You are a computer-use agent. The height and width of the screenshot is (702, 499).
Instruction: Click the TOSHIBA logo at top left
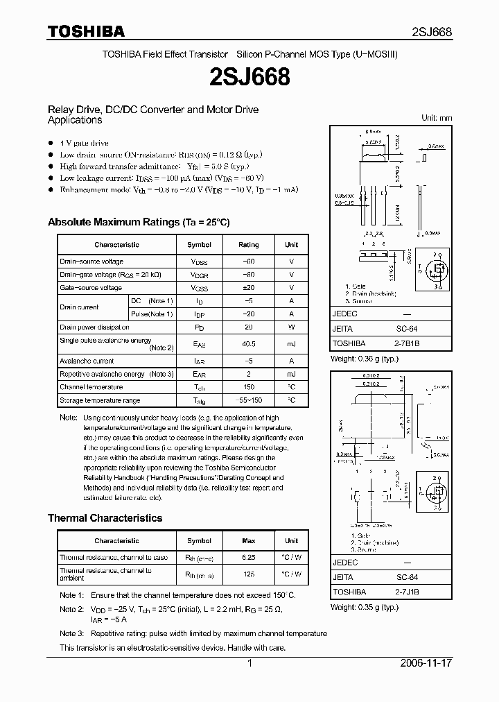(86, 31)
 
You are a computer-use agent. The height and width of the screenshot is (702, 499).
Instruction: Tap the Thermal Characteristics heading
(105, 518)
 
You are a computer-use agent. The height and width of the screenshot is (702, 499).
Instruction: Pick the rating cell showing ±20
(248, 287)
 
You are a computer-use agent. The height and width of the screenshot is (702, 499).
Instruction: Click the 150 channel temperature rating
(248, 387)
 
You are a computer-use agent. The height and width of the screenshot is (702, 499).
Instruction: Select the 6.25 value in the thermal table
(248, 558)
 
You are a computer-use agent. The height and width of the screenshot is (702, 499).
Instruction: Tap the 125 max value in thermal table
(248, 574)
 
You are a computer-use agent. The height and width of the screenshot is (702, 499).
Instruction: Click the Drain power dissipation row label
(94, 327)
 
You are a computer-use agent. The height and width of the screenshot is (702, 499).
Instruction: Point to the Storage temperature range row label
(100, 400)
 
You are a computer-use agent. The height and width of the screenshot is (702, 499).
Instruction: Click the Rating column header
(248, 245)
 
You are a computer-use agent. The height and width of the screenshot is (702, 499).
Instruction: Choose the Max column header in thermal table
(248, 541)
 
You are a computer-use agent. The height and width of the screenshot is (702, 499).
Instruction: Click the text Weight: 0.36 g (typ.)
(365, 359)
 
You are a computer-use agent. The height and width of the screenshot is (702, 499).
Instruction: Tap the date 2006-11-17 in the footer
(426, 664)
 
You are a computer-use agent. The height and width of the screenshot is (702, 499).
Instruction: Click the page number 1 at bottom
(249, 664)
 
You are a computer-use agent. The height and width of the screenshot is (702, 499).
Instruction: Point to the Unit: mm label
(437, 118)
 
